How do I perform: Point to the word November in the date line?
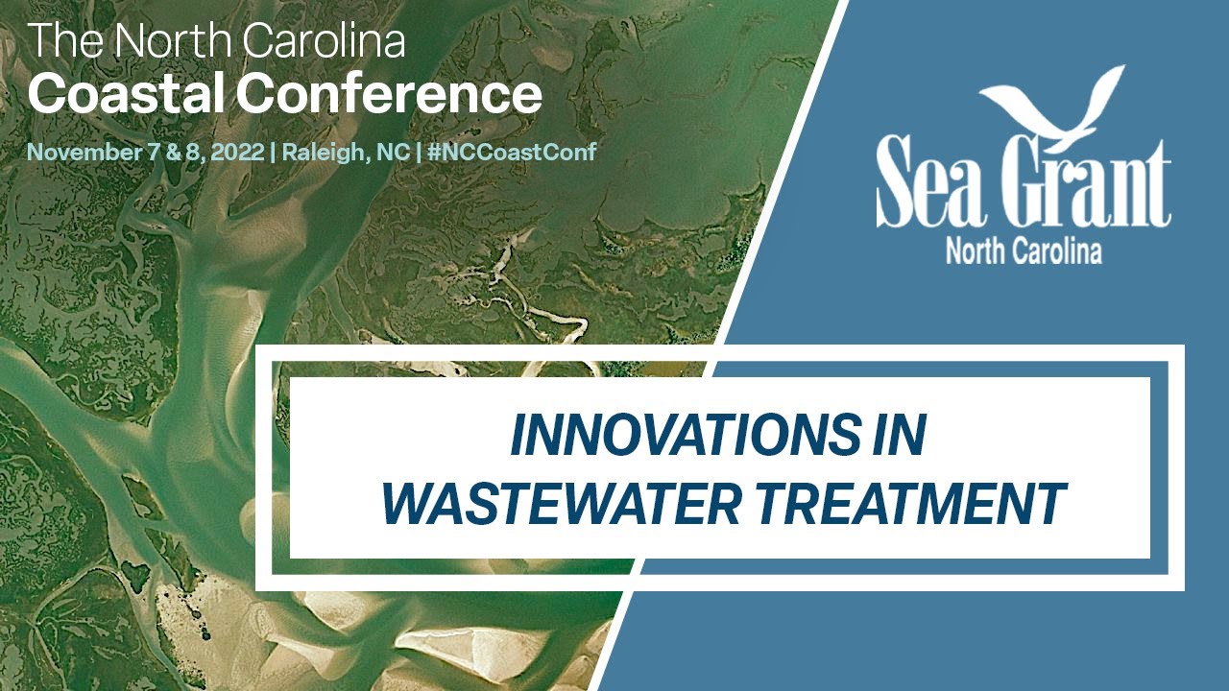point(73,152)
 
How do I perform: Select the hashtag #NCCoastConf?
point(514,152)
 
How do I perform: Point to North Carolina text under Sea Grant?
point(1024,250)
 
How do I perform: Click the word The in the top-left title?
point(60,41)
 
